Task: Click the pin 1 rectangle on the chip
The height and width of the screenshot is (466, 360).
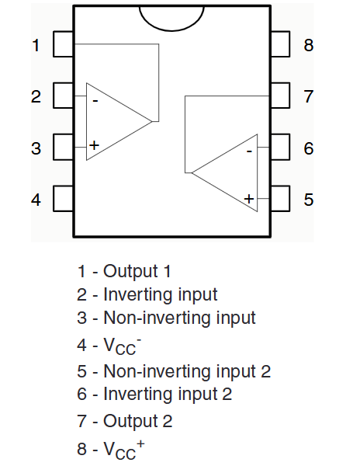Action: [x=64, y=44]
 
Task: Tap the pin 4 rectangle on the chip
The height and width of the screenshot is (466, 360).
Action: [x=64, y=199]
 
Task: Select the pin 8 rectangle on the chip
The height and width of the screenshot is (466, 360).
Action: [x=280, y=44]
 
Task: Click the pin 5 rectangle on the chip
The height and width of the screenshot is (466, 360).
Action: [x=280, y=199]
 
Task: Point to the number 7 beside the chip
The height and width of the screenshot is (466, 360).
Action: [x=309, y=96]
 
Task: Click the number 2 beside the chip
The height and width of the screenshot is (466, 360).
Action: [x=36, y=96]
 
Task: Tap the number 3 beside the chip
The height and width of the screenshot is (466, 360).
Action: [x=36, y=148]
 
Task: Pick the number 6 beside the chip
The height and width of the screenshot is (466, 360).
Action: [x=309, y=148]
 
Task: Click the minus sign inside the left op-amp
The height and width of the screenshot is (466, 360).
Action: [x=95, y=101]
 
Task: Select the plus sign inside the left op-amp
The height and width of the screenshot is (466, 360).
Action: [x=94, y=145]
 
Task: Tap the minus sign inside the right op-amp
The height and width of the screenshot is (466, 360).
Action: [x=249, y=151]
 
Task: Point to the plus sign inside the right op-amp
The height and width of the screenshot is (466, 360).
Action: [x=249, y=199]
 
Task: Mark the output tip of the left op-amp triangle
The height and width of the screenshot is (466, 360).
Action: [x=152, y=121]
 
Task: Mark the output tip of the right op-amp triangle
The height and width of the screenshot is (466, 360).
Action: [x=192, y=172]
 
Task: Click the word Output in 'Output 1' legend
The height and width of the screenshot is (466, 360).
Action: [x=130, y=272]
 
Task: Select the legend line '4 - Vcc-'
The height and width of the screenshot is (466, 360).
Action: [x=109, y=346]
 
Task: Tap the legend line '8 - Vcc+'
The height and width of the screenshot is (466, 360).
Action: [x=111, y=450]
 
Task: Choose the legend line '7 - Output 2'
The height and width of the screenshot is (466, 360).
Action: [x=125, y=422]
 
